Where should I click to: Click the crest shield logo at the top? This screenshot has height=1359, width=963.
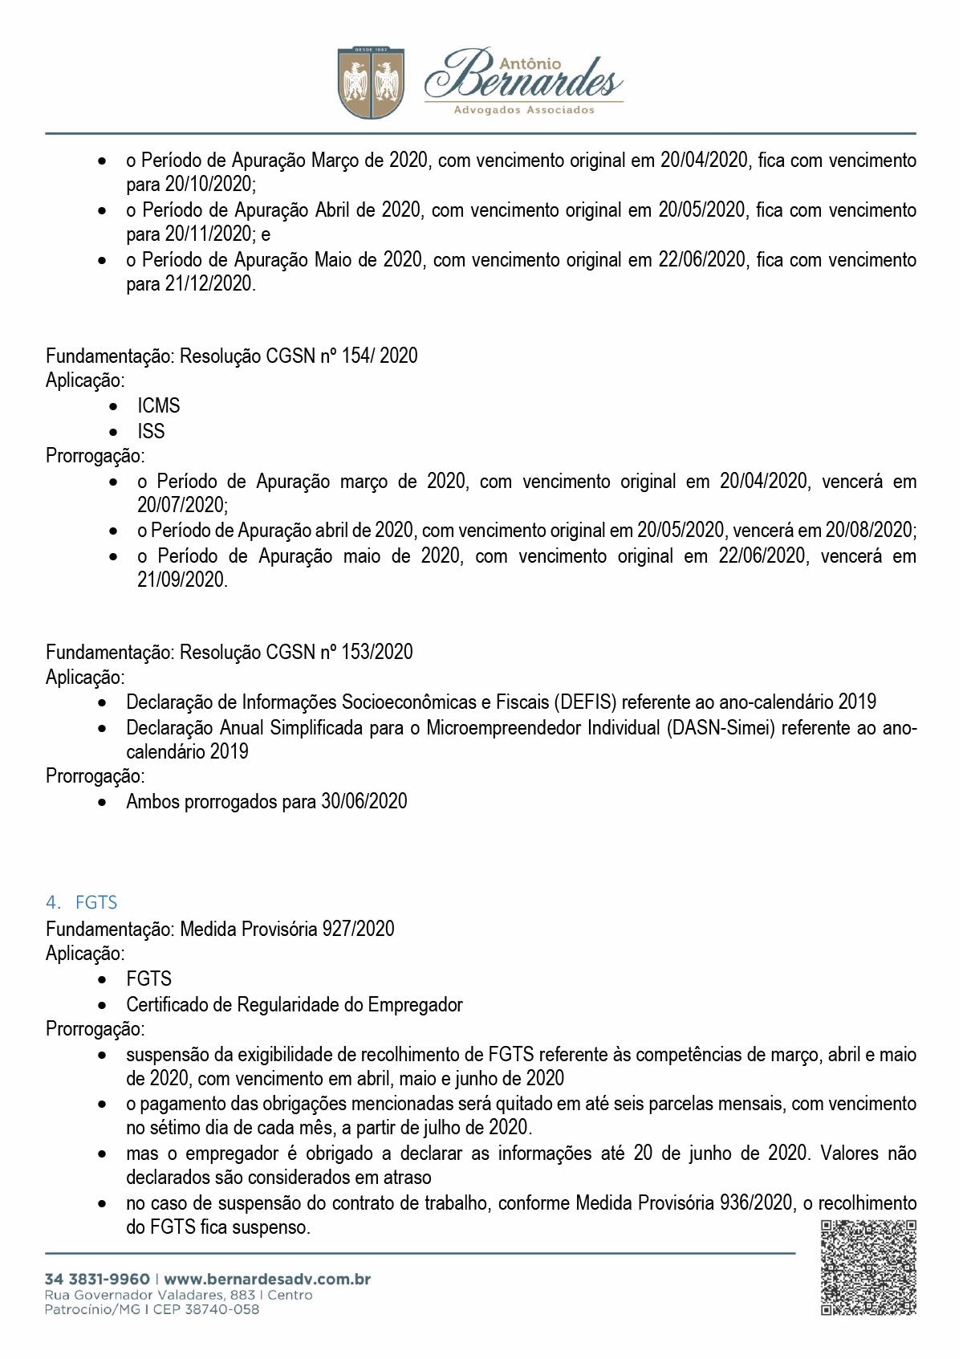(370, 83)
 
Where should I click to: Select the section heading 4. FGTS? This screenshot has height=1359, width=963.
(82, 902)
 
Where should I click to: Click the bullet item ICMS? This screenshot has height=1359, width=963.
(158, 406)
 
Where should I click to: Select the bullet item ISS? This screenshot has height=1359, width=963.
(151, 432)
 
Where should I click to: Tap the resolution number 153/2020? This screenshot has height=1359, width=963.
(377, 652)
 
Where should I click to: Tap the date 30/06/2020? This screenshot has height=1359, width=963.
(364, 801)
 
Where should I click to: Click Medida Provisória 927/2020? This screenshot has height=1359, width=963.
(286, 929)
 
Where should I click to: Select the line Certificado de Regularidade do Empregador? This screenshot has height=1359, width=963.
(294, 1005)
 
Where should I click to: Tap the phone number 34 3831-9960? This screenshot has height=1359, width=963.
(97, 1279)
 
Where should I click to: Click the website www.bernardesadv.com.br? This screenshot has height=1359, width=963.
(267, 1279)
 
